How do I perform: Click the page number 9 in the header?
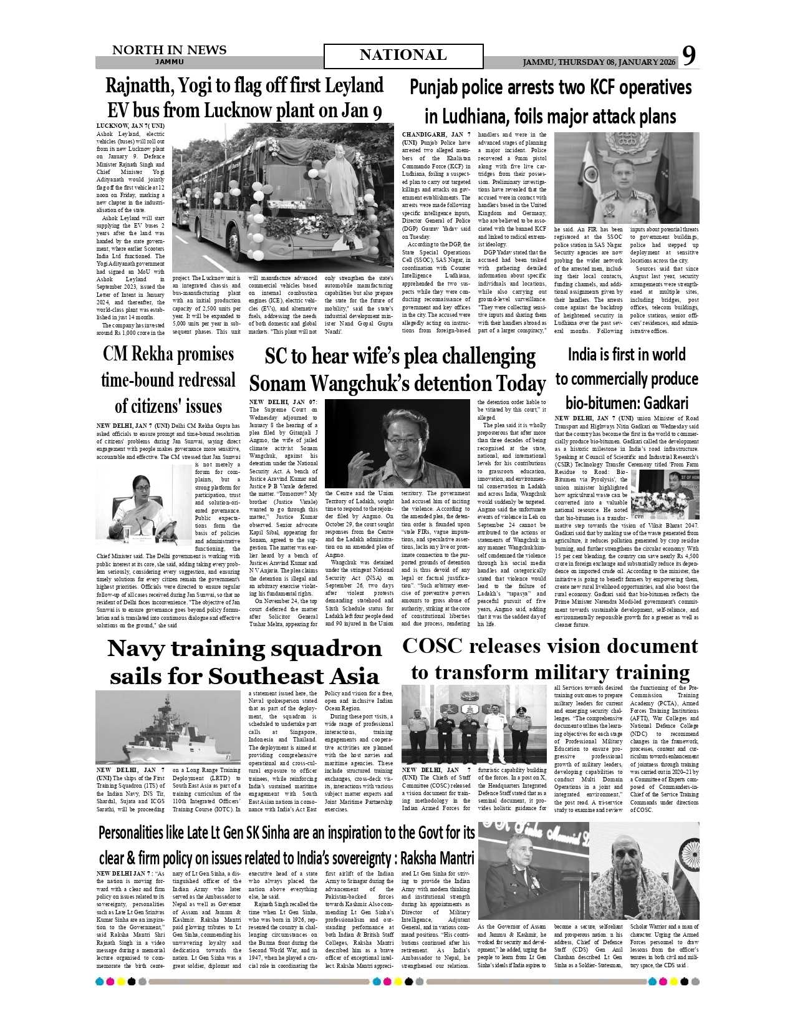688,56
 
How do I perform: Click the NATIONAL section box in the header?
403,56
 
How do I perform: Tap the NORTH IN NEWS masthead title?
169,50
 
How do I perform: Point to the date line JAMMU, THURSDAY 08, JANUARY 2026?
599,62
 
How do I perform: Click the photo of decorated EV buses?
282,198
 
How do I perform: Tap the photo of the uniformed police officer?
627,177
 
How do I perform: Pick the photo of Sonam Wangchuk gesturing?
397,444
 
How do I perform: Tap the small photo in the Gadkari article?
665,494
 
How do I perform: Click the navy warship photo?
168,727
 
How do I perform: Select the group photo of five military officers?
474,725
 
